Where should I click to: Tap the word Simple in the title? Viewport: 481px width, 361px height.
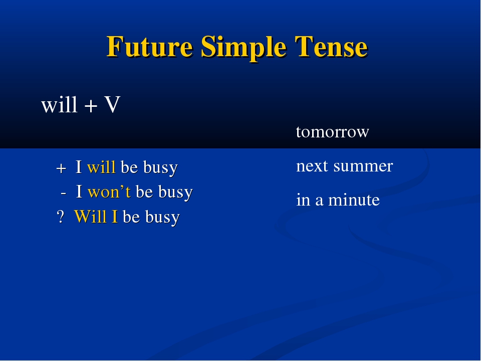point(244,48)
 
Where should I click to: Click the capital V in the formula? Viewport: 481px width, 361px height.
point(112,104)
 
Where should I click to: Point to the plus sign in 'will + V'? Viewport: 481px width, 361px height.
point(91,106)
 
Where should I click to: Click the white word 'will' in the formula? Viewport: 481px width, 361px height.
point(59,104)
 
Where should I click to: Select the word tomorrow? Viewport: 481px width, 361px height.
point(333,132)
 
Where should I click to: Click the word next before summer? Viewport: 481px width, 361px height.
point(312,166)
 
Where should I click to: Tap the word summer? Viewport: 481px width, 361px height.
point(363,166)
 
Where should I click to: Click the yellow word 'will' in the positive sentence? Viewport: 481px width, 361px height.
point(101,167)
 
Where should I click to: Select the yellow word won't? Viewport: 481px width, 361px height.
point(109,192)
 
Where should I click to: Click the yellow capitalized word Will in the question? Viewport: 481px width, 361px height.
point(91,217)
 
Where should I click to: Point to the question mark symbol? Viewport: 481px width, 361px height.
point(61,217)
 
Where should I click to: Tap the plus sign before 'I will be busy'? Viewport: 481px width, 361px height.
point(61,168)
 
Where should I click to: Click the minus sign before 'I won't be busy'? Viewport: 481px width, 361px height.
point(64,194)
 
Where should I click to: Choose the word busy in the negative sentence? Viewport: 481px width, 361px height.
point(175,193)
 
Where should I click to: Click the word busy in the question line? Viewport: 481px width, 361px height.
point(162,217)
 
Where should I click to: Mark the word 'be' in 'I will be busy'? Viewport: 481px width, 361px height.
point(129,167)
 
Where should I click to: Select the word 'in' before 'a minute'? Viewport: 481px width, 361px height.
point(303,200)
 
